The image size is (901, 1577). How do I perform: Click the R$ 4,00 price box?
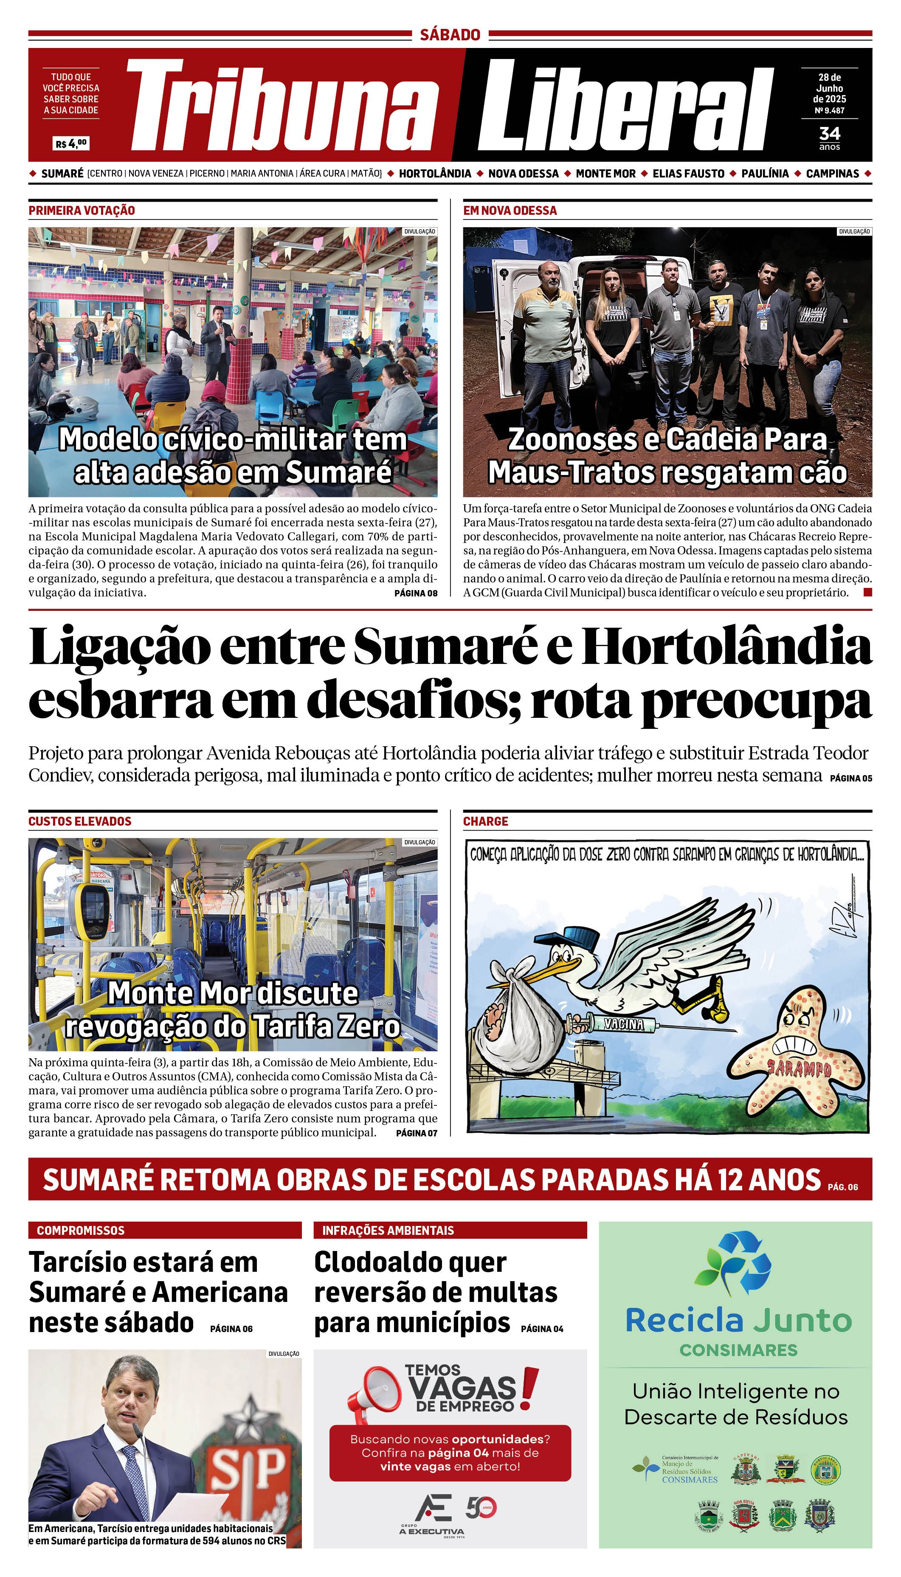(x=71, y=143)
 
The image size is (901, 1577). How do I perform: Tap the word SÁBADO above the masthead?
(x=450, y=35)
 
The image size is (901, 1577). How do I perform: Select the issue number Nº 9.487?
(x=829, y=111)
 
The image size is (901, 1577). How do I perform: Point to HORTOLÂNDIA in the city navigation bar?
(x=435, y=174)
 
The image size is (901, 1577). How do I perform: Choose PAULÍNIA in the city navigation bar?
(x=765, y=174)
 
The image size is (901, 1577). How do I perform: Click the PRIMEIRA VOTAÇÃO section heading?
(x=82, y=211)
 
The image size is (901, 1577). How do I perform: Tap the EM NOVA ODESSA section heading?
(x=510, y=211)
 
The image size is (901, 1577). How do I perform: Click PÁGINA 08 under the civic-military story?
(x=416, y=593)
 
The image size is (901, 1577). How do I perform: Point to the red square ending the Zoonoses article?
(x=867, y=592)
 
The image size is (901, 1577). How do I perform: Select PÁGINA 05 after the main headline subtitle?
(x=851, y=778)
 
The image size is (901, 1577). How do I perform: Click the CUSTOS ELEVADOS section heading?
(x=80, y=821)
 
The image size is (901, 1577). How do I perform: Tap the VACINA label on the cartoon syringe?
(x=623, y=1024)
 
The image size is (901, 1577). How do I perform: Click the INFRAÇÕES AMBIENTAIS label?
(x=388, y=1231)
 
